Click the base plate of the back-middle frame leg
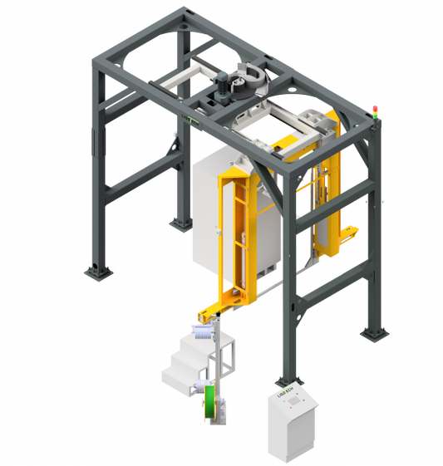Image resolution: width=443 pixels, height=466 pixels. tap(179, 223)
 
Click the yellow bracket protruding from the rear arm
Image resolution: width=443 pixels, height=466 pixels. tap(349, 230)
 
